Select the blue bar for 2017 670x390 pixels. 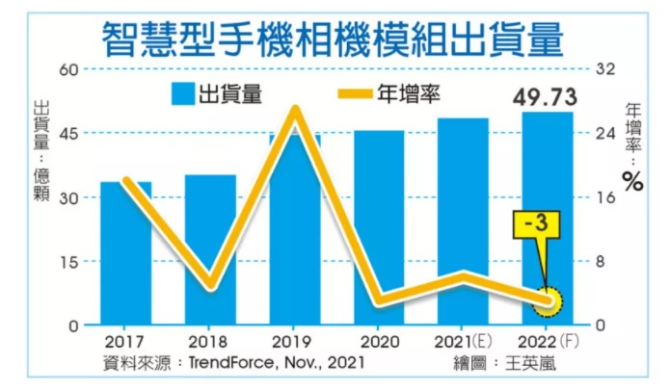[x=125, y=253]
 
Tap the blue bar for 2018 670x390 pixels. [x=210, y=249]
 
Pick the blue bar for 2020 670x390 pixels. [x=379, y=227]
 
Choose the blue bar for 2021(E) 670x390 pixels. [x=463, y=221]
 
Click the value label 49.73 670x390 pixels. [x=546, y=97]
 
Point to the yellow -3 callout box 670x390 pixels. [x=536, y=224]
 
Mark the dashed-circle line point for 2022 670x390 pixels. [x=548, y=301]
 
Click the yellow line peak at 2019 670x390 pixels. [x=295, y=109]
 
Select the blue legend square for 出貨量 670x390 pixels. [x=183, y=93]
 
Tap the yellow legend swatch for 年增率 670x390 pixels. [x=355, y=93]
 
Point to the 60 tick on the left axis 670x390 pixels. [x=69, y=69]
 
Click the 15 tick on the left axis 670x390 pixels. [x=69, y=262]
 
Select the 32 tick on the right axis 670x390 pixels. [x=605, y=68]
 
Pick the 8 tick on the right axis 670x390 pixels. [x=601, y=261]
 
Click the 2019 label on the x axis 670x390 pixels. [x=292, y=342]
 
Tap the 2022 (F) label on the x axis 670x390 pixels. [x=549, y=341]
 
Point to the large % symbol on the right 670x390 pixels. [x=632, y=181]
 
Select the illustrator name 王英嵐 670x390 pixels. [x=531, y=364]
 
